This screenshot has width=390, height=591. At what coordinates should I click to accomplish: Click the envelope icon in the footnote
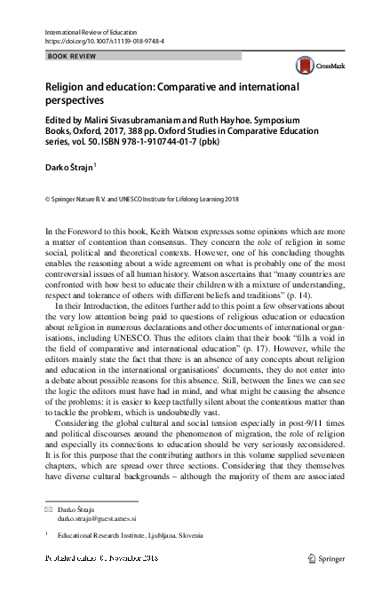[49, 513]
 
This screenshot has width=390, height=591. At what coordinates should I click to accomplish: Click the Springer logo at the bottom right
[325, 561]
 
